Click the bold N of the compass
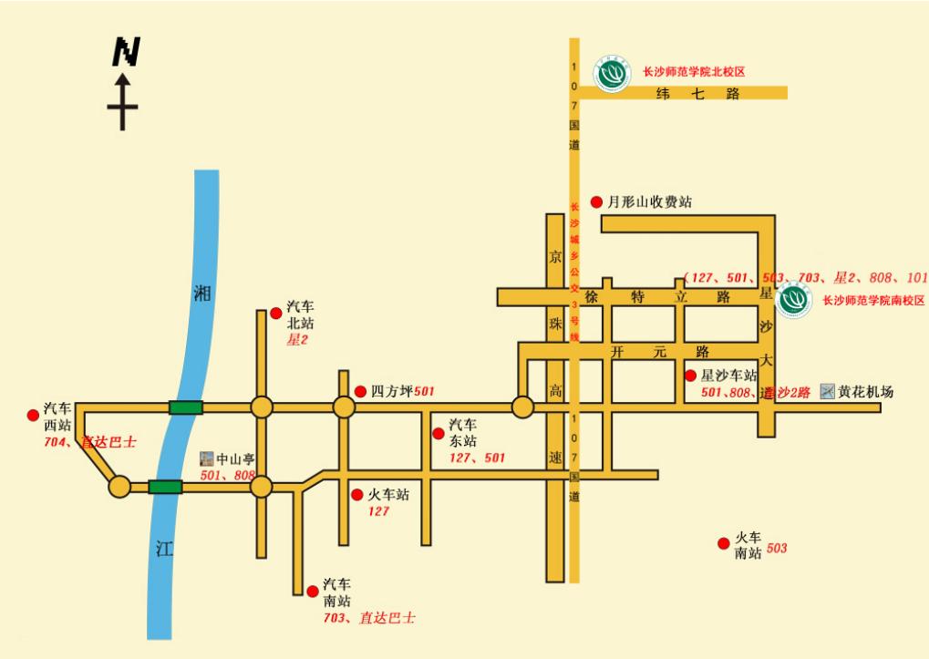125,52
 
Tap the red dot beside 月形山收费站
596,201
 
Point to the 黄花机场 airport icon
828,392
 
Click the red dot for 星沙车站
690,375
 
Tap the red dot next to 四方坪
360,390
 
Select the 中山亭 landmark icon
207,457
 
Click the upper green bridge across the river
185,407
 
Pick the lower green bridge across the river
165,487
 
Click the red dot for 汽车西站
34,415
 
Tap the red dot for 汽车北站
275,314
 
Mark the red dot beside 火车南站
723,542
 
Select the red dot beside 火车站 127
356,495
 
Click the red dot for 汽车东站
439,432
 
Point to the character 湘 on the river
202,293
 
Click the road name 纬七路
697,93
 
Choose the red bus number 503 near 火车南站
776,549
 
